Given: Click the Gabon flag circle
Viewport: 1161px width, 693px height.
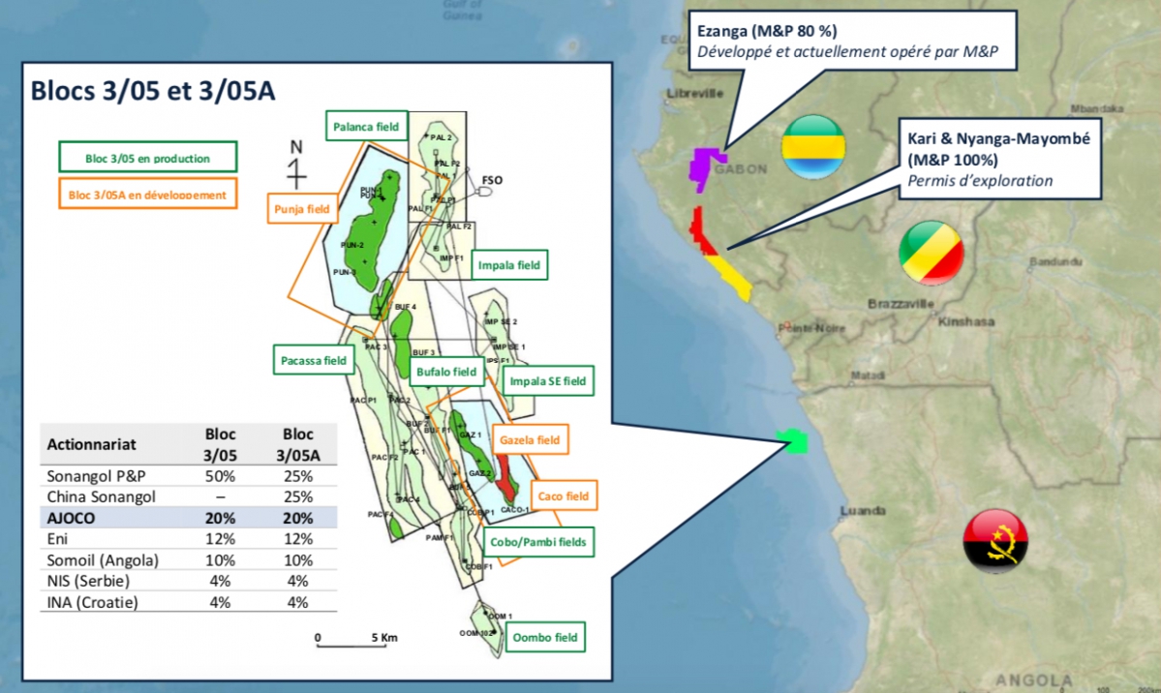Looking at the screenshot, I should pyautogui.click(x=812, y=146).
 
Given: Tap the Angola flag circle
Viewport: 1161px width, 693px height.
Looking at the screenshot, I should pyautogui.click(x=994, y=540).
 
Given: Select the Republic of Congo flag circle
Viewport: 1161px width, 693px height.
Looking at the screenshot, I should pyautogui.click(x=931, y=253).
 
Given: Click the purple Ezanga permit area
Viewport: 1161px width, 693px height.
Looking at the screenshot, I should pyautogui.click(x=707, y=164).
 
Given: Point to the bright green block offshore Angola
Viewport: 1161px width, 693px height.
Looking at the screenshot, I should pyautogui.click(x=797, y=442).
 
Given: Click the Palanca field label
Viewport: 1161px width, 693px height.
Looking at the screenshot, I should pyautogui.click(x=365, y=126).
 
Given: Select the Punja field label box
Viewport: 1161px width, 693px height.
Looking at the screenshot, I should pyautogui.click(x=297, y=208).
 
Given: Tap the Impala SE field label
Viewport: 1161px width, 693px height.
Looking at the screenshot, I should pyautogui.click(x=548, y=381).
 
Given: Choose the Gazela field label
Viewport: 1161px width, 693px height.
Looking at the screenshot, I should pyautogui.click(x=529, y=439).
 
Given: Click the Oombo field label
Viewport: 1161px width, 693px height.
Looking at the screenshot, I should pyautogui.click(x=545, y=638).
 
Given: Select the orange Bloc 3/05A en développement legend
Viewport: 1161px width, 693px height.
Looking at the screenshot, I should pyautogui.click(x=147, y=195).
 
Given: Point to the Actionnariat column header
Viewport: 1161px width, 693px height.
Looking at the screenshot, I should pyautogui.click(x=92, y=444).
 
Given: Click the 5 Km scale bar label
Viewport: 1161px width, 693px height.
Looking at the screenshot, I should pyautogui.click(x=383, y=638).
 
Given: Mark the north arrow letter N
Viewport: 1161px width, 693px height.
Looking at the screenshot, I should pyautogui.click(x=296, y=148).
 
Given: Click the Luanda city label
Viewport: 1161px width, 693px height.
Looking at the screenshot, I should pyautogui.click(x=863, y=510).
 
